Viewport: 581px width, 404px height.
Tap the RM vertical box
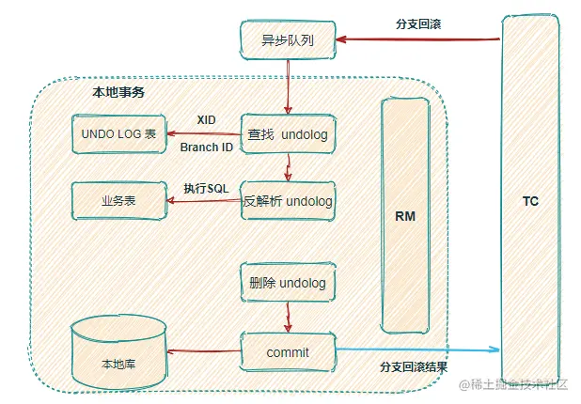pyautogui.click(x=404, y=215)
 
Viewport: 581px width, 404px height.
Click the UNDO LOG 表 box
pyautogui.click(x=118, y=134)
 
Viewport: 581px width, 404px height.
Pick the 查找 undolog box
pyautogui.click(x=287, y=134)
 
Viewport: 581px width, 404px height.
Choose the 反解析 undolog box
pyautogui.click(x=287, y=201)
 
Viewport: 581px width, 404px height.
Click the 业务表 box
pyautogui.click(x=118, y=201)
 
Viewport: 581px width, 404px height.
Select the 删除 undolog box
pyautogui.click(x=287, y=282)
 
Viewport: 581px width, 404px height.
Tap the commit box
pyautogui.click(x=287, y=351)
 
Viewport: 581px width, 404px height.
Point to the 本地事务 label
pyautogui.click(x=118, y=92)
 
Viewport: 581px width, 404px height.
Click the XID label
pyautogui.click(x=207, y=120)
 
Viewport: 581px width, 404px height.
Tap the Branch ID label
pyautogui.click(x=205, y=148)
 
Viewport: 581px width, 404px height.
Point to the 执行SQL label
pyautogui.click(x=206, y=189)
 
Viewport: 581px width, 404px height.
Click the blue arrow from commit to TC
pyautogui.click(x=418, y=350)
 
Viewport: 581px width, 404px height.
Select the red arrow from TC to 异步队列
pyautogui.click(x=418, y=39)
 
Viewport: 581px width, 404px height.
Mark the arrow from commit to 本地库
pyautogui.click(x=203, y=352)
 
